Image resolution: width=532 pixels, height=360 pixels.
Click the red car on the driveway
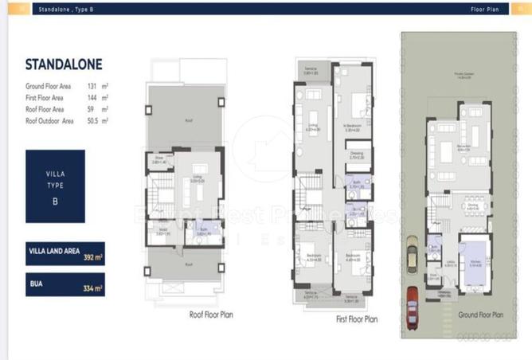(x=413, y=303)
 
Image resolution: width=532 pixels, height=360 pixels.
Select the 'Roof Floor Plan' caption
(x=210, y=314)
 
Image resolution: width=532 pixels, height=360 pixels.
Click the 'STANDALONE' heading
(x=64, y=64)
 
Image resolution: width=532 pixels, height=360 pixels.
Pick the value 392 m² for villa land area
(x=93, y=256)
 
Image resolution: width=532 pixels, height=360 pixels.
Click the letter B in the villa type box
(x=55, y=201)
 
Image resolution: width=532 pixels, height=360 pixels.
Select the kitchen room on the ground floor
(x=475, y=263)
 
